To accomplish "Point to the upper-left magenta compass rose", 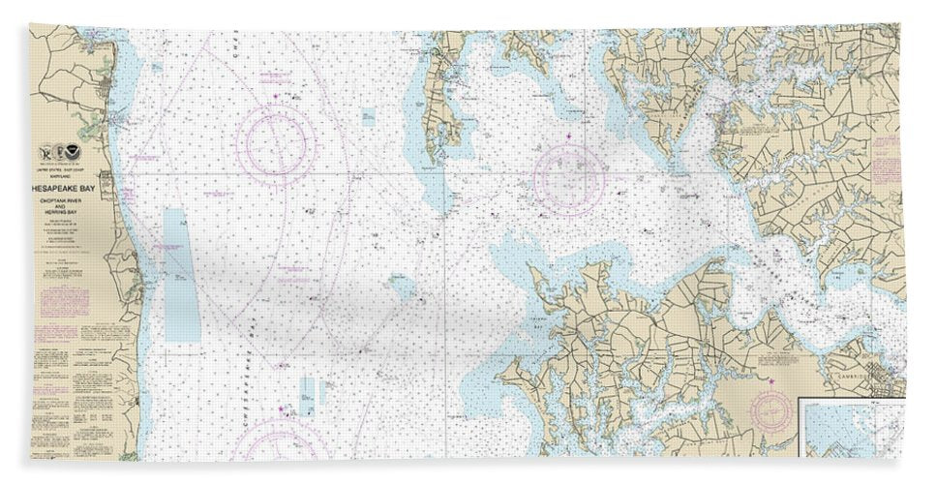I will pos(276,147).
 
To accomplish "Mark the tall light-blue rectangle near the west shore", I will pos(181,276).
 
